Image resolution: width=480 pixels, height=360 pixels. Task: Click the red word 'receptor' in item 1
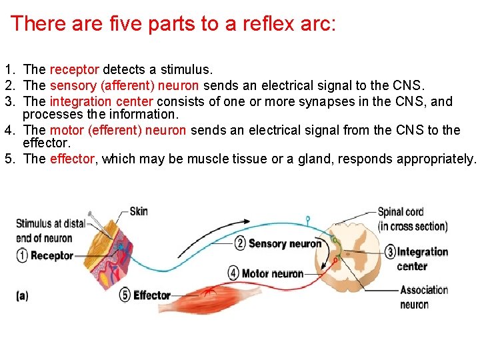(x=75, y=69)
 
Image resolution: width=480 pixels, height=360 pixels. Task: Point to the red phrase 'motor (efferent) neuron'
(x=117, y=130)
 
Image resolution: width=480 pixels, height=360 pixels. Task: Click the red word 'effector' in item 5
(x=72, y=159)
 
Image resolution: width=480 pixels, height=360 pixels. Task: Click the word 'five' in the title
(x=123, y=24)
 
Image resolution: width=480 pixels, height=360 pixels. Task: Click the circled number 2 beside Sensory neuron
(x=240, y=243)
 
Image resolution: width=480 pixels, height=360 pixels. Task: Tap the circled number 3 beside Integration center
(x=390, y=252)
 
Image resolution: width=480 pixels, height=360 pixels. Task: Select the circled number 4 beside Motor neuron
(x=233, y=273)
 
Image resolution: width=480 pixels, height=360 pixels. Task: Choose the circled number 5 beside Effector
(x=125, y=295)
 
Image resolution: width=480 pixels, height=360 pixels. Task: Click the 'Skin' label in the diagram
(x=139, y=211)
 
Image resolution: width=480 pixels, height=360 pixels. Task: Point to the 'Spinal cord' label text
(x=401, y=212)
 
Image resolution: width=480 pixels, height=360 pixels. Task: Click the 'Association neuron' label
(x=423, y=297)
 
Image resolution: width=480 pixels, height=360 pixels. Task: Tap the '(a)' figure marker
(x=23, y=296)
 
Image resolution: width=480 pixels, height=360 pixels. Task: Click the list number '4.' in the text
(x=9, y=130)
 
